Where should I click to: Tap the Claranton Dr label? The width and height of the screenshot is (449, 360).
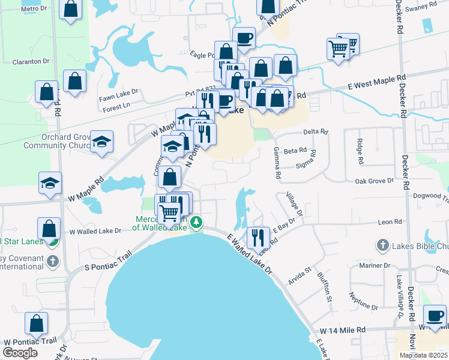(31, 61)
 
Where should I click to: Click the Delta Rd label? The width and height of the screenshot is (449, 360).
(316, 131)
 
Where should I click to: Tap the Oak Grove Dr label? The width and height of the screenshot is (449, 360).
(374, 180)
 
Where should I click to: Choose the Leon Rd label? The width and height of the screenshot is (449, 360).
(390, 222)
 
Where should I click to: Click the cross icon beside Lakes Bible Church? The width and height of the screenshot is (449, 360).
(382, 245)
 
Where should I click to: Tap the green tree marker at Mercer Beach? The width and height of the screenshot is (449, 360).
(196, 223)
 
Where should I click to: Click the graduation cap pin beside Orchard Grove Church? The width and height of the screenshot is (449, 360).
(102, 142)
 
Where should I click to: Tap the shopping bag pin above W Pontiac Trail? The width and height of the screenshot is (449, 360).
(36, 323)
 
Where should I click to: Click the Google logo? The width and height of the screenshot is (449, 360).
(20, 352)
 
